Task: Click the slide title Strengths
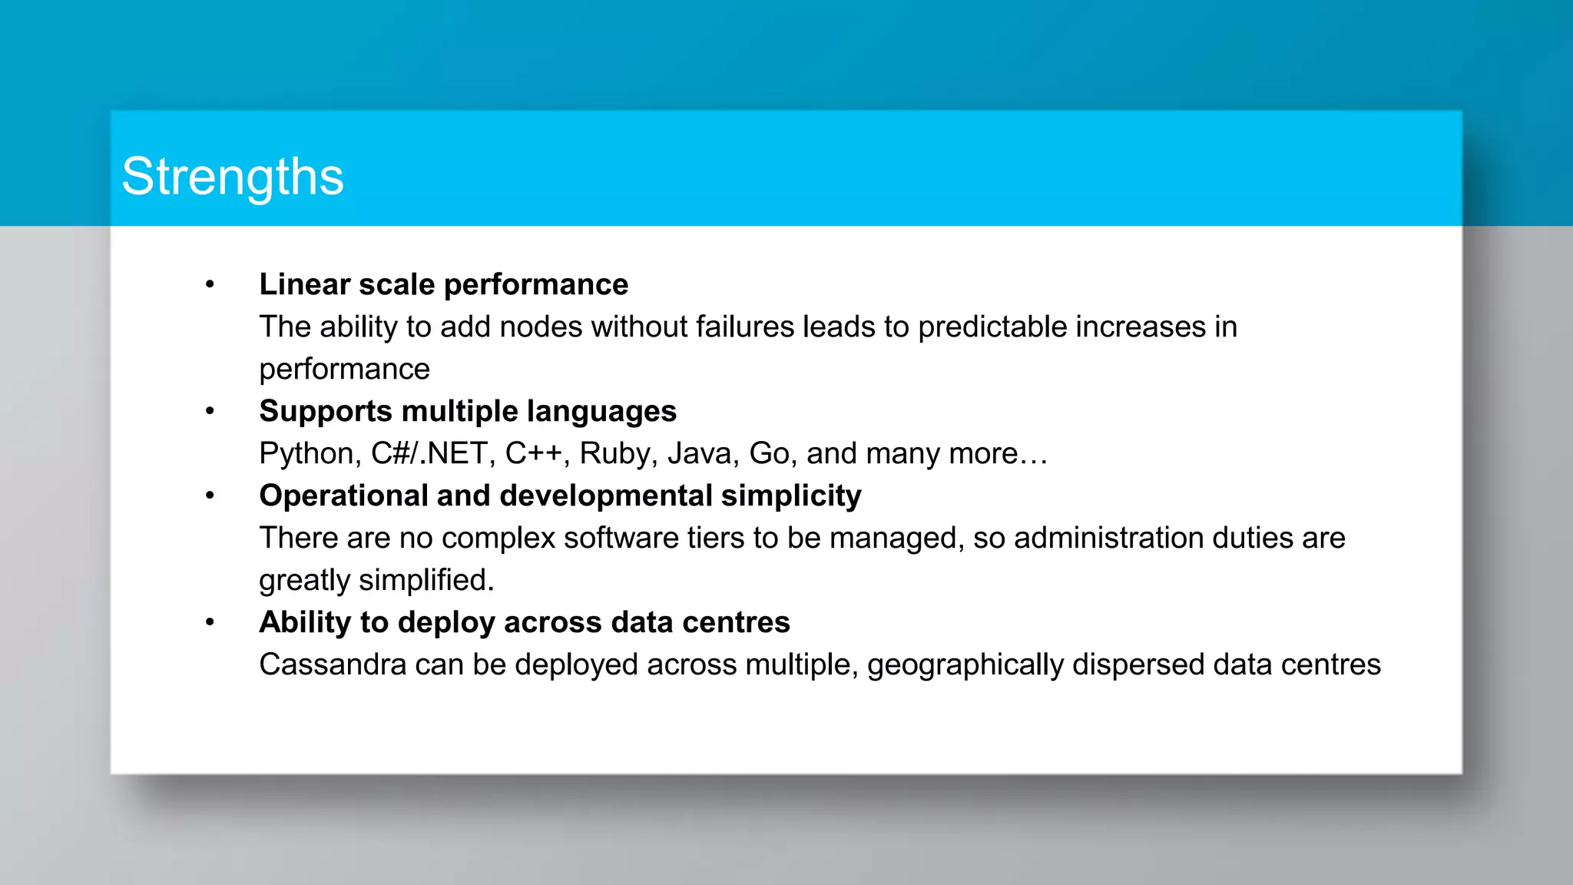233,177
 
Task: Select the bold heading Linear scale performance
443,284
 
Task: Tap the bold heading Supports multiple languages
468,411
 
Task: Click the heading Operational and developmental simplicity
560,496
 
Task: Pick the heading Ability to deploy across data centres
525,622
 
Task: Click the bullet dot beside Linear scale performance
210,285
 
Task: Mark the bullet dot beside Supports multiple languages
210,412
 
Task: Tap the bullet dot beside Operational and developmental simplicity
210,496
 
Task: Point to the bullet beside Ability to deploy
210,623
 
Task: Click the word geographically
965,665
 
